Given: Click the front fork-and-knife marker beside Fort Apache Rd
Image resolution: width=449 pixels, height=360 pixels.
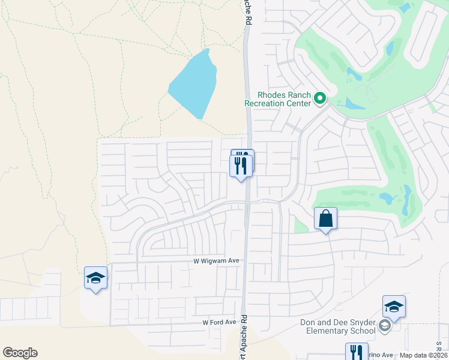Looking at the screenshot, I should tap(241, 166).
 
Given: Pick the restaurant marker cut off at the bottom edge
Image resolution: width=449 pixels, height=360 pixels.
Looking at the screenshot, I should tap(356, 352).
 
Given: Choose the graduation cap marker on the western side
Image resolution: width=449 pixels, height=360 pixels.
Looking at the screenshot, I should tap(95, 278).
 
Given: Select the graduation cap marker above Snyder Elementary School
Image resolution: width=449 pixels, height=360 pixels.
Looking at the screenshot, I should tap(394, 307).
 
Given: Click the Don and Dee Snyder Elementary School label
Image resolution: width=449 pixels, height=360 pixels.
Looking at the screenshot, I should tap(337, 327).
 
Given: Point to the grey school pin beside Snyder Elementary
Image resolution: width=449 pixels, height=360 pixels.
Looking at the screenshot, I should tap(385, 326).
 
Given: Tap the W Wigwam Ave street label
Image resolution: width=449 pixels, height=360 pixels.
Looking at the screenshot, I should tap(216, 261).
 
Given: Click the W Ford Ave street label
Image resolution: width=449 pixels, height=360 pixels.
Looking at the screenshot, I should tap(219, 322).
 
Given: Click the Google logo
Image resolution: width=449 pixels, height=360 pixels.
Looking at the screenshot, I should tap(20, 353).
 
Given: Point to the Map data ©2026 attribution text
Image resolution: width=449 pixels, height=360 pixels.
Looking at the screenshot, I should tap(424, 355).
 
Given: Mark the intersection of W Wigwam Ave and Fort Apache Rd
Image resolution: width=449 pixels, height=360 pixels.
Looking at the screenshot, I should tap(246, 261).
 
